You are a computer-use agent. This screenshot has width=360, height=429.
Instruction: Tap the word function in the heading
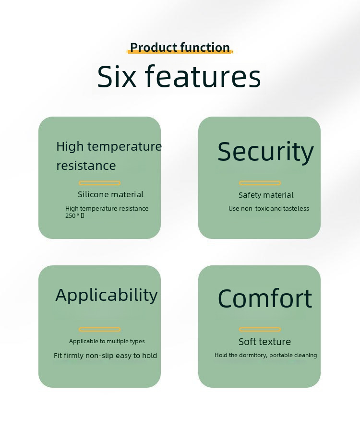205,48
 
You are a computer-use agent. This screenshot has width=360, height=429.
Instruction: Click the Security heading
265,152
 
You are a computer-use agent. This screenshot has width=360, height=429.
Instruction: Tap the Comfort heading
265,298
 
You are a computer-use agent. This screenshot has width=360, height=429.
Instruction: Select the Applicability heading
107,295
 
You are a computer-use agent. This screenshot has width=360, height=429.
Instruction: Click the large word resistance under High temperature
86,166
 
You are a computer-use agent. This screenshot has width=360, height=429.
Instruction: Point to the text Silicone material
110,194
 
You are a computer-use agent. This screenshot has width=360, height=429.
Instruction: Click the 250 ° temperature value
74,215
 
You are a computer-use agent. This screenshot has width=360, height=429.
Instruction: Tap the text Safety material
266,195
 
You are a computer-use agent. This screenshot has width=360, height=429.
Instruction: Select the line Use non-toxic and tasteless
269,208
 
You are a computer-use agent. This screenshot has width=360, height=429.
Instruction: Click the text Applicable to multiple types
107,341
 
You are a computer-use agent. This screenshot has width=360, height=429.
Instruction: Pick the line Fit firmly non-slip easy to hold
106,356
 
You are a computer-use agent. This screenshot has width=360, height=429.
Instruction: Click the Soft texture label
264,342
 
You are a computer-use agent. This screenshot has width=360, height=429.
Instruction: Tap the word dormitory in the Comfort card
252,355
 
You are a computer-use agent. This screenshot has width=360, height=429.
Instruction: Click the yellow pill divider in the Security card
260,183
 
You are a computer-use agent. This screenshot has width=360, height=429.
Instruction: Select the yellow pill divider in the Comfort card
260,329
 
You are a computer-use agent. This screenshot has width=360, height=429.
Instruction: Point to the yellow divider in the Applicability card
100,329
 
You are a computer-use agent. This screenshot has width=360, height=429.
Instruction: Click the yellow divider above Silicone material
100,183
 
